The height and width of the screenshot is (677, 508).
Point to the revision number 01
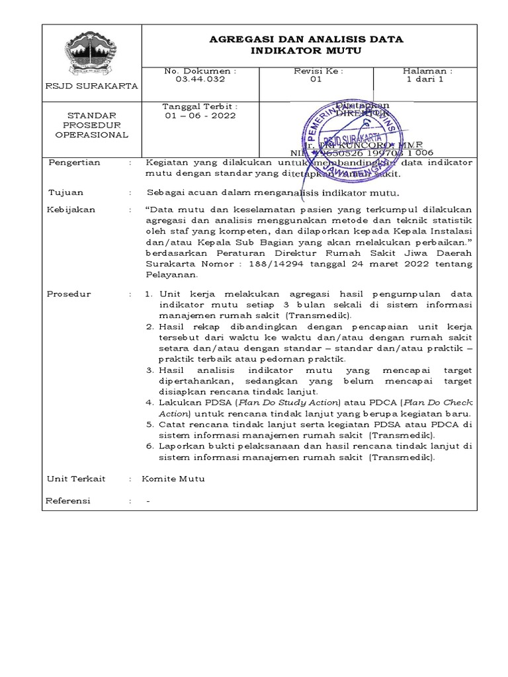tap(316, 79)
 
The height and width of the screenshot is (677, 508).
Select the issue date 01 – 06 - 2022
tap(200, 115)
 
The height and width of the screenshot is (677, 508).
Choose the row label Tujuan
tap(66, 192)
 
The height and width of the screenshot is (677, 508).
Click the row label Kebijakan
tap(71, 210)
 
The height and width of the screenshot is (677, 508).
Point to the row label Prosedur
tap(69, 294)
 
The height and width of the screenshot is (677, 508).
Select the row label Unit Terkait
tap(76, 479)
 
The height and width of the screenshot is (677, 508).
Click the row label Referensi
tap(68, 500)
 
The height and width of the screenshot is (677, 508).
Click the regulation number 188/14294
tap(279, 264)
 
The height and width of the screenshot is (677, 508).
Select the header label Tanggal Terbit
tap(200, 106)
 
